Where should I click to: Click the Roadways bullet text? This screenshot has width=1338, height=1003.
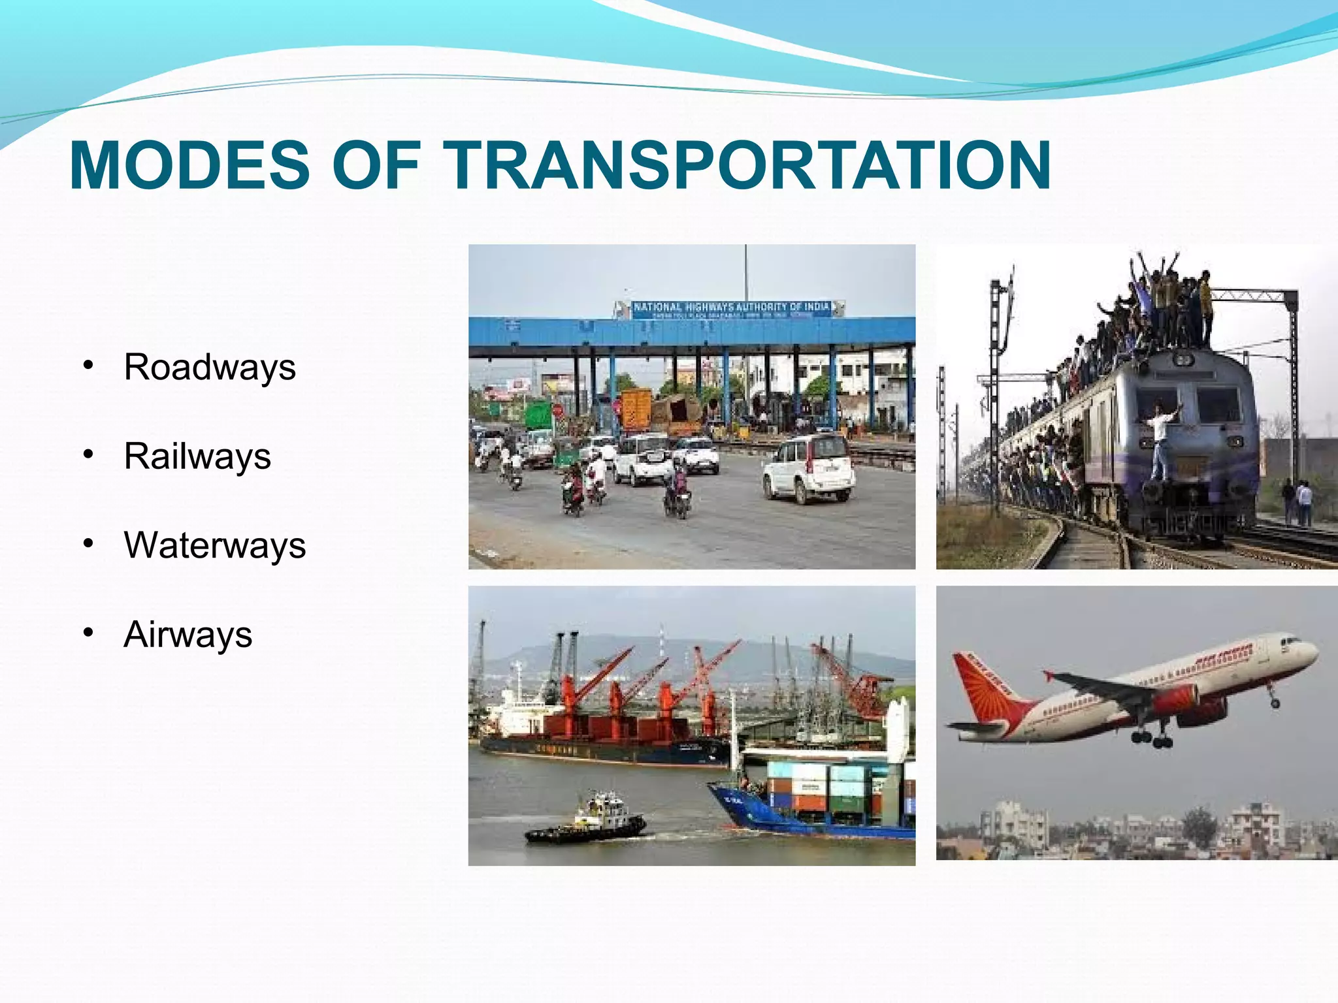pyautogui.click(x=210, y=367)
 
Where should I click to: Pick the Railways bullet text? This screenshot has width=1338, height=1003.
pyautogui.click(x=197, y=456)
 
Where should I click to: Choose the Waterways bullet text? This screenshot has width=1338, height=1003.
pyautogui.click(x=214, y=545)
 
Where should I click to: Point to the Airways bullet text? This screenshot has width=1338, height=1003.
pyautogui.click(x=188, y=634)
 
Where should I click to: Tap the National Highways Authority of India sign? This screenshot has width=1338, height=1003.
pyautogui.click(x=730, y=309)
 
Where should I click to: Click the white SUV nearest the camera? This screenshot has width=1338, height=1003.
pyautogui.click(x=809, y=468)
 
